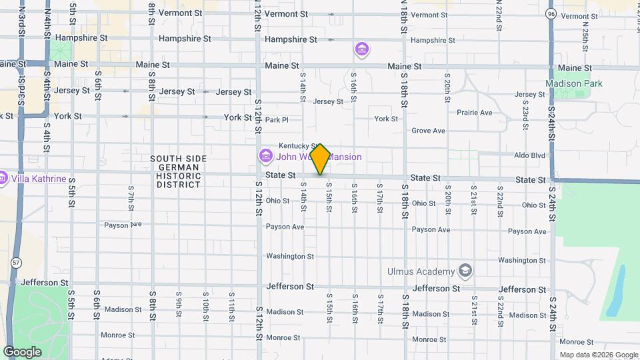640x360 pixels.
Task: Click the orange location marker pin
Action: [320, 159]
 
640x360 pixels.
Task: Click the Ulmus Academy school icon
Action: [465, 271]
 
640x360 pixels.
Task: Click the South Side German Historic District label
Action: [178, 171]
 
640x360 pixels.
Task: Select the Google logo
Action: [23, 351]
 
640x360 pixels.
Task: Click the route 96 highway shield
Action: [550, 13]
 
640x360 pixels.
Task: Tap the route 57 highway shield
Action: [15, 263]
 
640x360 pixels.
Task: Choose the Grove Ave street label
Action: [428, 131]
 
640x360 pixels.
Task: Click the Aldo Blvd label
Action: [529, 155]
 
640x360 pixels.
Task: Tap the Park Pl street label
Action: [276, 120]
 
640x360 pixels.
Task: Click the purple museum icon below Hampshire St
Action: [362, 49]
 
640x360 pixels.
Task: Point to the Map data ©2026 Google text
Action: [599, 355]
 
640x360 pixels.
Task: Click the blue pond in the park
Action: [615, 290]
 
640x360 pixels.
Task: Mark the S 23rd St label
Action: [526, 117]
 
